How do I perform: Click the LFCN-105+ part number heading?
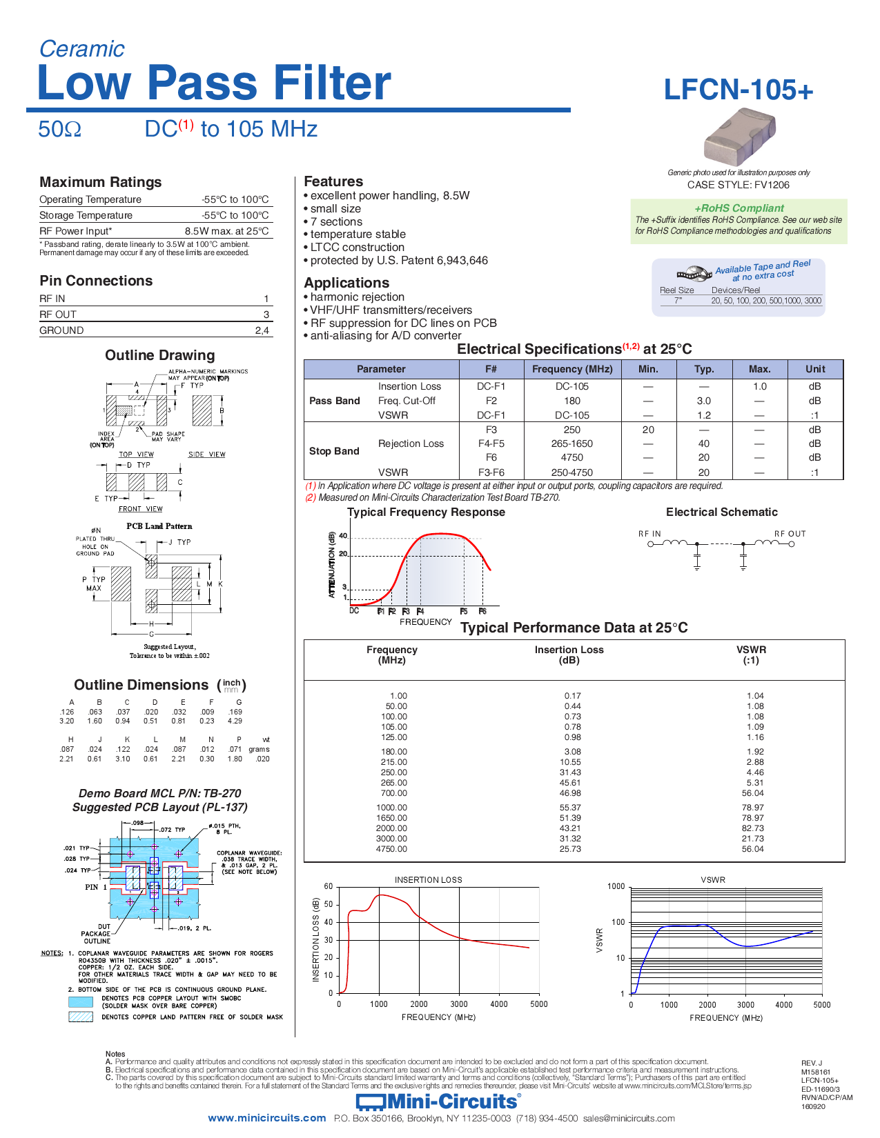click(x=738, y=90)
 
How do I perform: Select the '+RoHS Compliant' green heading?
click(x=739, y=208)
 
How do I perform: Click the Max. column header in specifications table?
click(x=759, y=369)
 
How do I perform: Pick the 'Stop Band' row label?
click(x=334, y=451)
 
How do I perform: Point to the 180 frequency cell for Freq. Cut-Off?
click(x=571, y=401)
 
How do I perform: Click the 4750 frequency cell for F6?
click(x=571, y=457)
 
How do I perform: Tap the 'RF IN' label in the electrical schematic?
click(x=649, y=534)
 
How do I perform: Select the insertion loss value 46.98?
click(x=570, y=793)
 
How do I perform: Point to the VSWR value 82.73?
click(x=752, y=828)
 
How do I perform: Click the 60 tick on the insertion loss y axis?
click(x=329, y=886)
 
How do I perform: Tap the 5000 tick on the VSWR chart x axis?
click(x=821, y=1005)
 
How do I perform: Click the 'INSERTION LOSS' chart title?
click(x=428, y=880)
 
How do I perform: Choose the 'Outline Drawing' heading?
click(x=159, y=355)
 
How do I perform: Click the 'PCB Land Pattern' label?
click(x=159, y=526)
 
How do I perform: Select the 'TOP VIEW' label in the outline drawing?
click(x=136, y=455)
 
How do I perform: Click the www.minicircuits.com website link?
click(x=266, y=1118)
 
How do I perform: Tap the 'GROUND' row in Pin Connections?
click(x=61, y=330)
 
